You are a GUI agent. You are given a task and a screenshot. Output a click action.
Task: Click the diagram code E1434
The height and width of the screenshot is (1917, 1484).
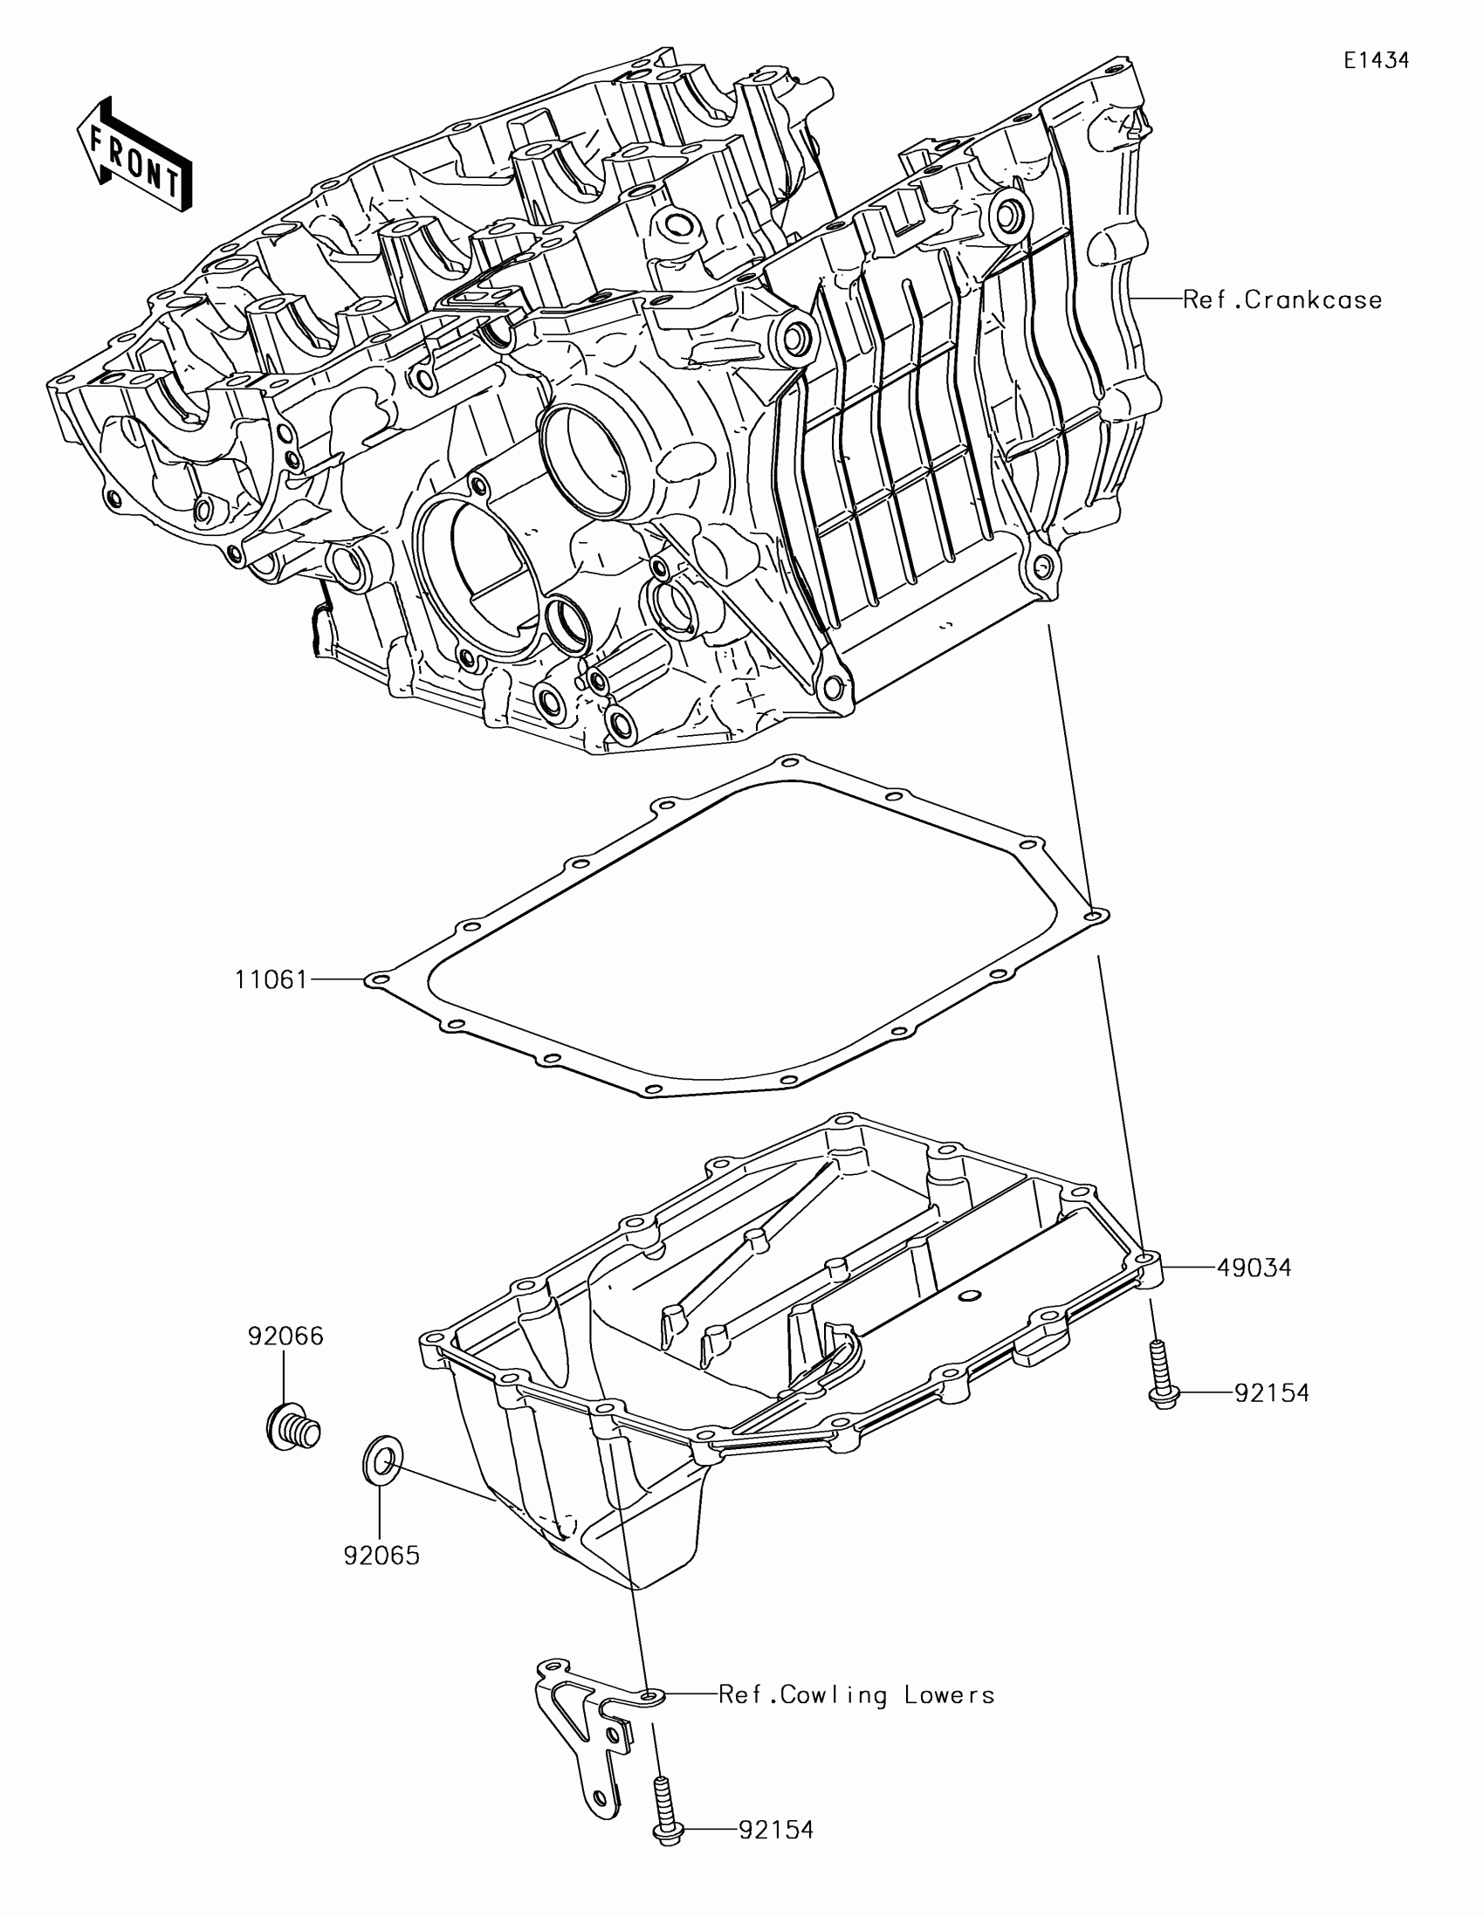click(1376, 60)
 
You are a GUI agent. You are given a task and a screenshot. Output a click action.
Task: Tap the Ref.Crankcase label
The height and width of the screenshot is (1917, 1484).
click(1282, 300)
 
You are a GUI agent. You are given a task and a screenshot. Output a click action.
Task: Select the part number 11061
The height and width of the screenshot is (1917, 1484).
click(271, 979)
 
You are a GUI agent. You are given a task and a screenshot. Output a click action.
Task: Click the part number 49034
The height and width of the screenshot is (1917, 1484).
click(1254, 1268)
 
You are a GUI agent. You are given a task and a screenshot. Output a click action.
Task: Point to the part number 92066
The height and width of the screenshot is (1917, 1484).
click(285, 1336)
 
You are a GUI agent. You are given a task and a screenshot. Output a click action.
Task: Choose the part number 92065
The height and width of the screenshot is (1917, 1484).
click(381, 1556)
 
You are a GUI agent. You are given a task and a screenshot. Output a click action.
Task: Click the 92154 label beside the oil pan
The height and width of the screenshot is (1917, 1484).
click(1272, 1393)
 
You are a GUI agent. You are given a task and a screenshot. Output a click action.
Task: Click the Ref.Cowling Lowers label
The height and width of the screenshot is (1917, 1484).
click(856, 1695)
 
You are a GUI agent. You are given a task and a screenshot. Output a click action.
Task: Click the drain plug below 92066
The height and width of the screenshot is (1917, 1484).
click(292, 1430)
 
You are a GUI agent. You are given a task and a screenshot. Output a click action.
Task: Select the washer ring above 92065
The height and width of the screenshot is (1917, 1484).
click(381, 1462)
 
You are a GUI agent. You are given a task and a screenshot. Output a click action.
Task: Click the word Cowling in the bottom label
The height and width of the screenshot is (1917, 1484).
click(833, 1695)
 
